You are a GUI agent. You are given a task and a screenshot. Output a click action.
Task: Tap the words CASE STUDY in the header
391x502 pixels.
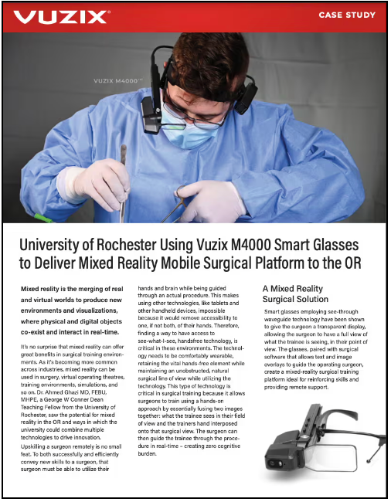(348, 15)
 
